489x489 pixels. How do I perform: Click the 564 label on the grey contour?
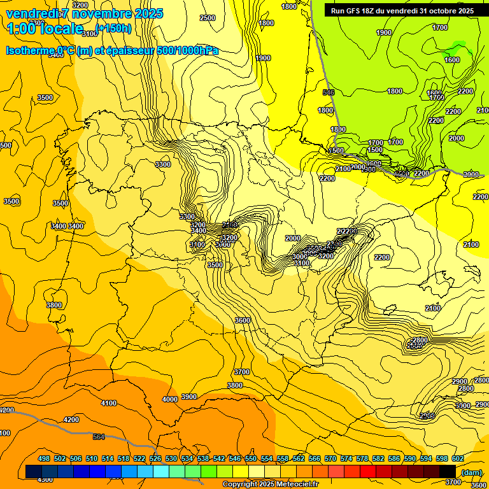pos(98,437)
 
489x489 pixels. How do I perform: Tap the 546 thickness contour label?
pos(329,92)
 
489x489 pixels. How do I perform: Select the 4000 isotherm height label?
pos(169,399)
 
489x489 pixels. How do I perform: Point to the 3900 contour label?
pos(189,397)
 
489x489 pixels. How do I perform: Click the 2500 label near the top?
pos(208,18)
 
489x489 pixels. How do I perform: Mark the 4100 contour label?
pos(109,403)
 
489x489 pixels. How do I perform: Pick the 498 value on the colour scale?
pos(44,458)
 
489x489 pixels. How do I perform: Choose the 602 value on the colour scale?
pos(458,458)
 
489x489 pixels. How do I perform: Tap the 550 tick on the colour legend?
pos(251,458)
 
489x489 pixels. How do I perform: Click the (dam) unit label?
pos(471,472)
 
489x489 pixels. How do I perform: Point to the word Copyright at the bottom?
pos(241,485)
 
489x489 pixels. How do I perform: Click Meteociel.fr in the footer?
pos(295,485)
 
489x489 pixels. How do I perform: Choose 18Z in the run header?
pos(370,11)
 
